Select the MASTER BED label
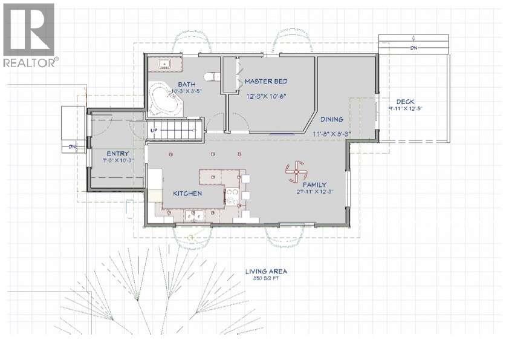tap(265, 81)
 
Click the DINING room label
tap(332, 119)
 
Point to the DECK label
tap(405, 101)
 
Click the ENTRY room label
tap(117, 154)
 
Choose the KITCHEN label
tap(187, 193)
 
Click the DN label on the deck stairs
tap(413, 48)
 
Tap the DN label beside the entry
tap(72, 146)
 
